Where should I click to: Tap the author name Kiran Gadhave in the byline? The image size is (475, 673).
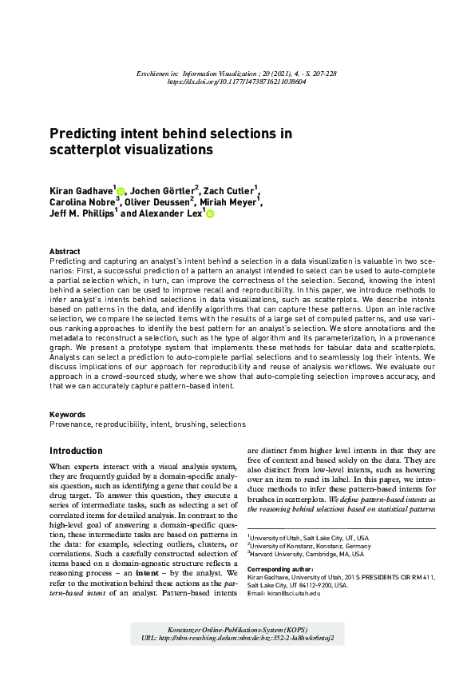click(x=81, y=192)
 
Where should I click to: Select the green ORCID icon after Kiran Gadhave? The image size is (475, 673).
click(x=121, y=192)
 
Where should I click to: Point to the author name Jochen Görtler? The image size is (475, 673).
click(x=163, y=192)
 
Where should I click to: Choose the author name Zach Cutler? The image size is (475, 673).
click(x=229, y=192)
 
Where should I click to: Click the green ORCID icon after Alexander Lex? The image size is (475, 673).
click(x=210, y=214)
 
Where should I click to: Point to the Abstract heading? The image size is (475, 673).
click(x=65, y=251)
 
